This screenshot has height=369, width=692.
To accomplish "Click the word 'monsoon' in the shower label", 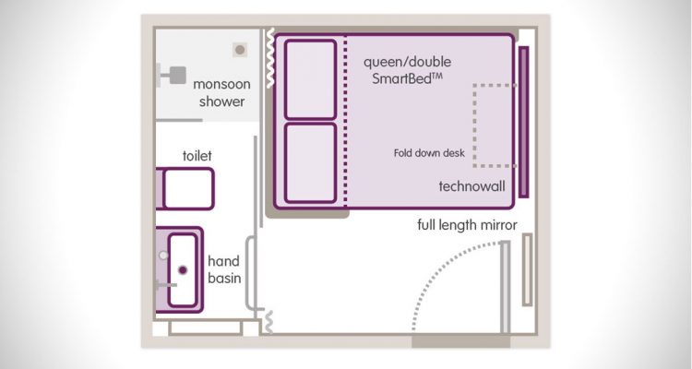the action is coord(221,84).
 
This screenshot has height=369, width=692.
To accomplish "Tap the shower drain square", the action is coord(240,50).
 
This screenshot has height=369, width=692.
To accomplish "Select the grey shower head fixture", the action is coord(172,75).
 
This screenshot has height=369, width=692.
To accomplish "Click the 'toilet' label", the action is coord(197,155).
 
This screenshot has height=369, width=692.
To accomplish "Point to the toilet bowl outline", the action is coord(188,188).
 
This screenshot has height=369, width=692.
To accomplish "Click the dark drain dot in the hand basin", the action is coord(183,269).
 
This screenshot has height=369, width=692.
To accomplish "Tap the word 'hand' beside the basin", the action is coord(223,261).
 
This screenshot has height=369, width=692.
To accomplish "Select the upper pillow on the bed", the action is coord(310,79).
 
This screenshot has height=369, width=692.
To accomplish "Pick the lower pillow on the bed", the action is coord(310,163).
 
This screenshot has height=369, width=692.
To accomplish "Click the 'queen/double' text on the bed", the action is coord(407,62).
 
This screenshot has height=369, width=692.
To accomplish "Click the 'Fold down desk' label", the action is coord(429,153).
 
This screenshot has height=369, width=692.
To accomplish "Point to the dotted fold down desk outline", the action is coord(474,125).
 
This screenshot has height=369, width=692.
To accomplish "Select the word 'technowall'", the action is coord(471,186).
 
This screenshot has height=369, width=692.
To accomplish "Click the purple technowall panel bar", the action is coord(523,122).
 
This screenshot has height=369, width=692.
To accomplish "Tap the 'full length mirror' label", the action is coord(467,225).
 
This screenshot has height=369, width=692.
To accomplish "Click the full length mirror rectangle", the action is coord(528,269).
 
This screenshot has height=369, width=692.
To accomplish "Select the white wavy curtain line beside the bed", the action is coord(270,58).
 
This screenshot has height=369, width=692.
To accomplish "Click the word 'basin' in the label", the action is coord(224,278).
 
